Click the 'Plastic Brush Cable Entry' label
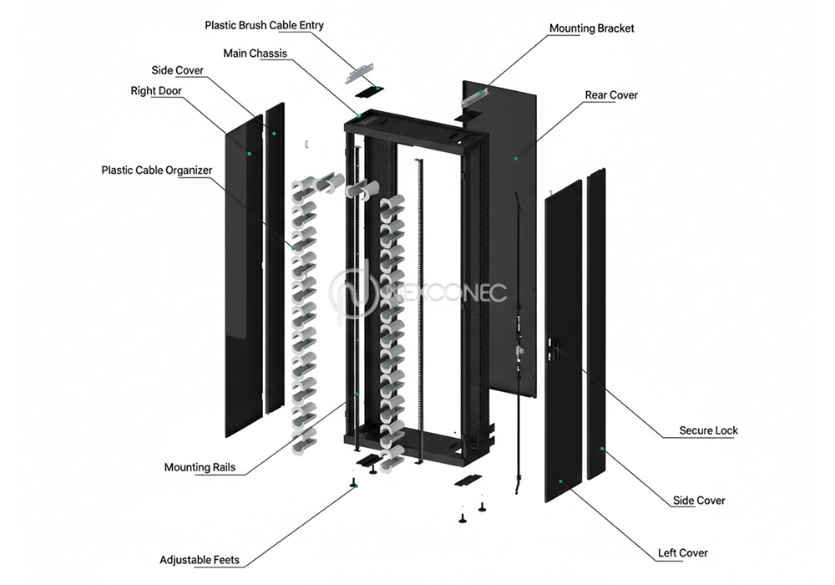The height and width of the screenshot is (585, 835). tap(264, 25)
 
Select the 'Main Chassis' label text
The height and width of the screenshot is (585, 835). tap(255, 53)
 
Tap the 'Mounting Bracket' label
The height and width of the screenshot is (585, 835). tap(591, 28)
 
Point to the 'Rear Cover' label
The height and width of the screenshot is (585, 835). tap(611, 95)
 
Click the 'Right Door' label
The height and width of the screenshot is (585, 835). tap(156, 91)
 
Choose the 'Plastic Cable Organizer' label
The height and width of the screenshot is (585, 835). tap(157, 170)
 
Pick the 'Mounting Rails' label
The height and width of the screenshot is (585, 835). tap(200, 468)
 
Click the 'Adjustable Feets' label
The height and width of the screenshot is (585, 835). tap(200, 560)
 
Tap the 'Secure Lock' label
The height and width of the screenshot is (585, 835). tap(708, 431)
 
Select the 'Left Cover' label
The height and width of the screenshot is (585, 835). tap(683, 553)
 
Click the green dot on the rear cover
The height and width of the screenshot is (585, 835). tap(516, 156)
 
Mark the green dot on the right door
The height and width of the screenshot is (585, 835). tap(248, 153)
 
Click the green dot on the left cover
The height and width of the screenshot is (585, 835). tap(561, 481)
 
